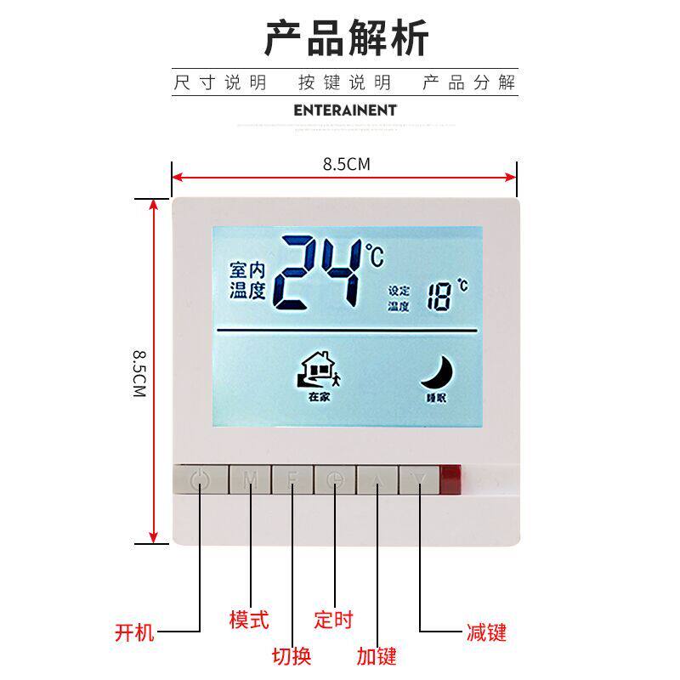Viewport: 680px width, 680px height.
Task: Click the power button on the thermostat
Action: pyautogui.click(x=200, y=480)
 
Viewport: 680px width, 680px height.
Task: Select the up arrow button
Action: pyautogui.click(x=377, y=480)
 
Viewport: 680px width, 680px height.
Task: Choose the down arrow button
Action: pyautogui.click(x=418, y=480)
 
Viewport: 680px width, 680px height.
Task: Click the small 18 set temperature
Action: pyautogui.click(x=440, y=298)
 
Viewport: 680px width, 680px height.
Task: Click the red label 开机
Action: pyautogui.click(x=134, y=633)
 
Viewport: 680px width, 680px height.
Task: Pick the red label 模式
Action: pyautogui.click(x=249, y=620)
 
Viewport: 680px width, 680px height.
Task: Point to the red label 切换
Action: pyautogui.click(x=292, y=655)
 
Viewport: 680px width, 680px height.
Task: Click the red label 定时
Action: pyautogui.click(x=333, y=620)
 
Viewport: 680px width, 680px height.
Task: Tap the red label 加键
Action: pyautogui.click(x=377, y=655)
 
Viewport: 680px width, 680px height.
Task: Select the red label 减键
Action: pyautogui.click(x=486, y=633)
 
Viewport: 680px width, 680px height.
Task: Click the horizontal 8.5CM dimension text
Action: pyautogui.click(x=346, y=164)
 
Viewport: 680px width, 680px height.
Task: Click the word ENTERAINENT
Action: pyautogui.click(x=345, y=110)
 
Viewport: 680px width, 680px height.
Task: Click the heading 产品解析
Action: pyautogui.click(x=345, y=38)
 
